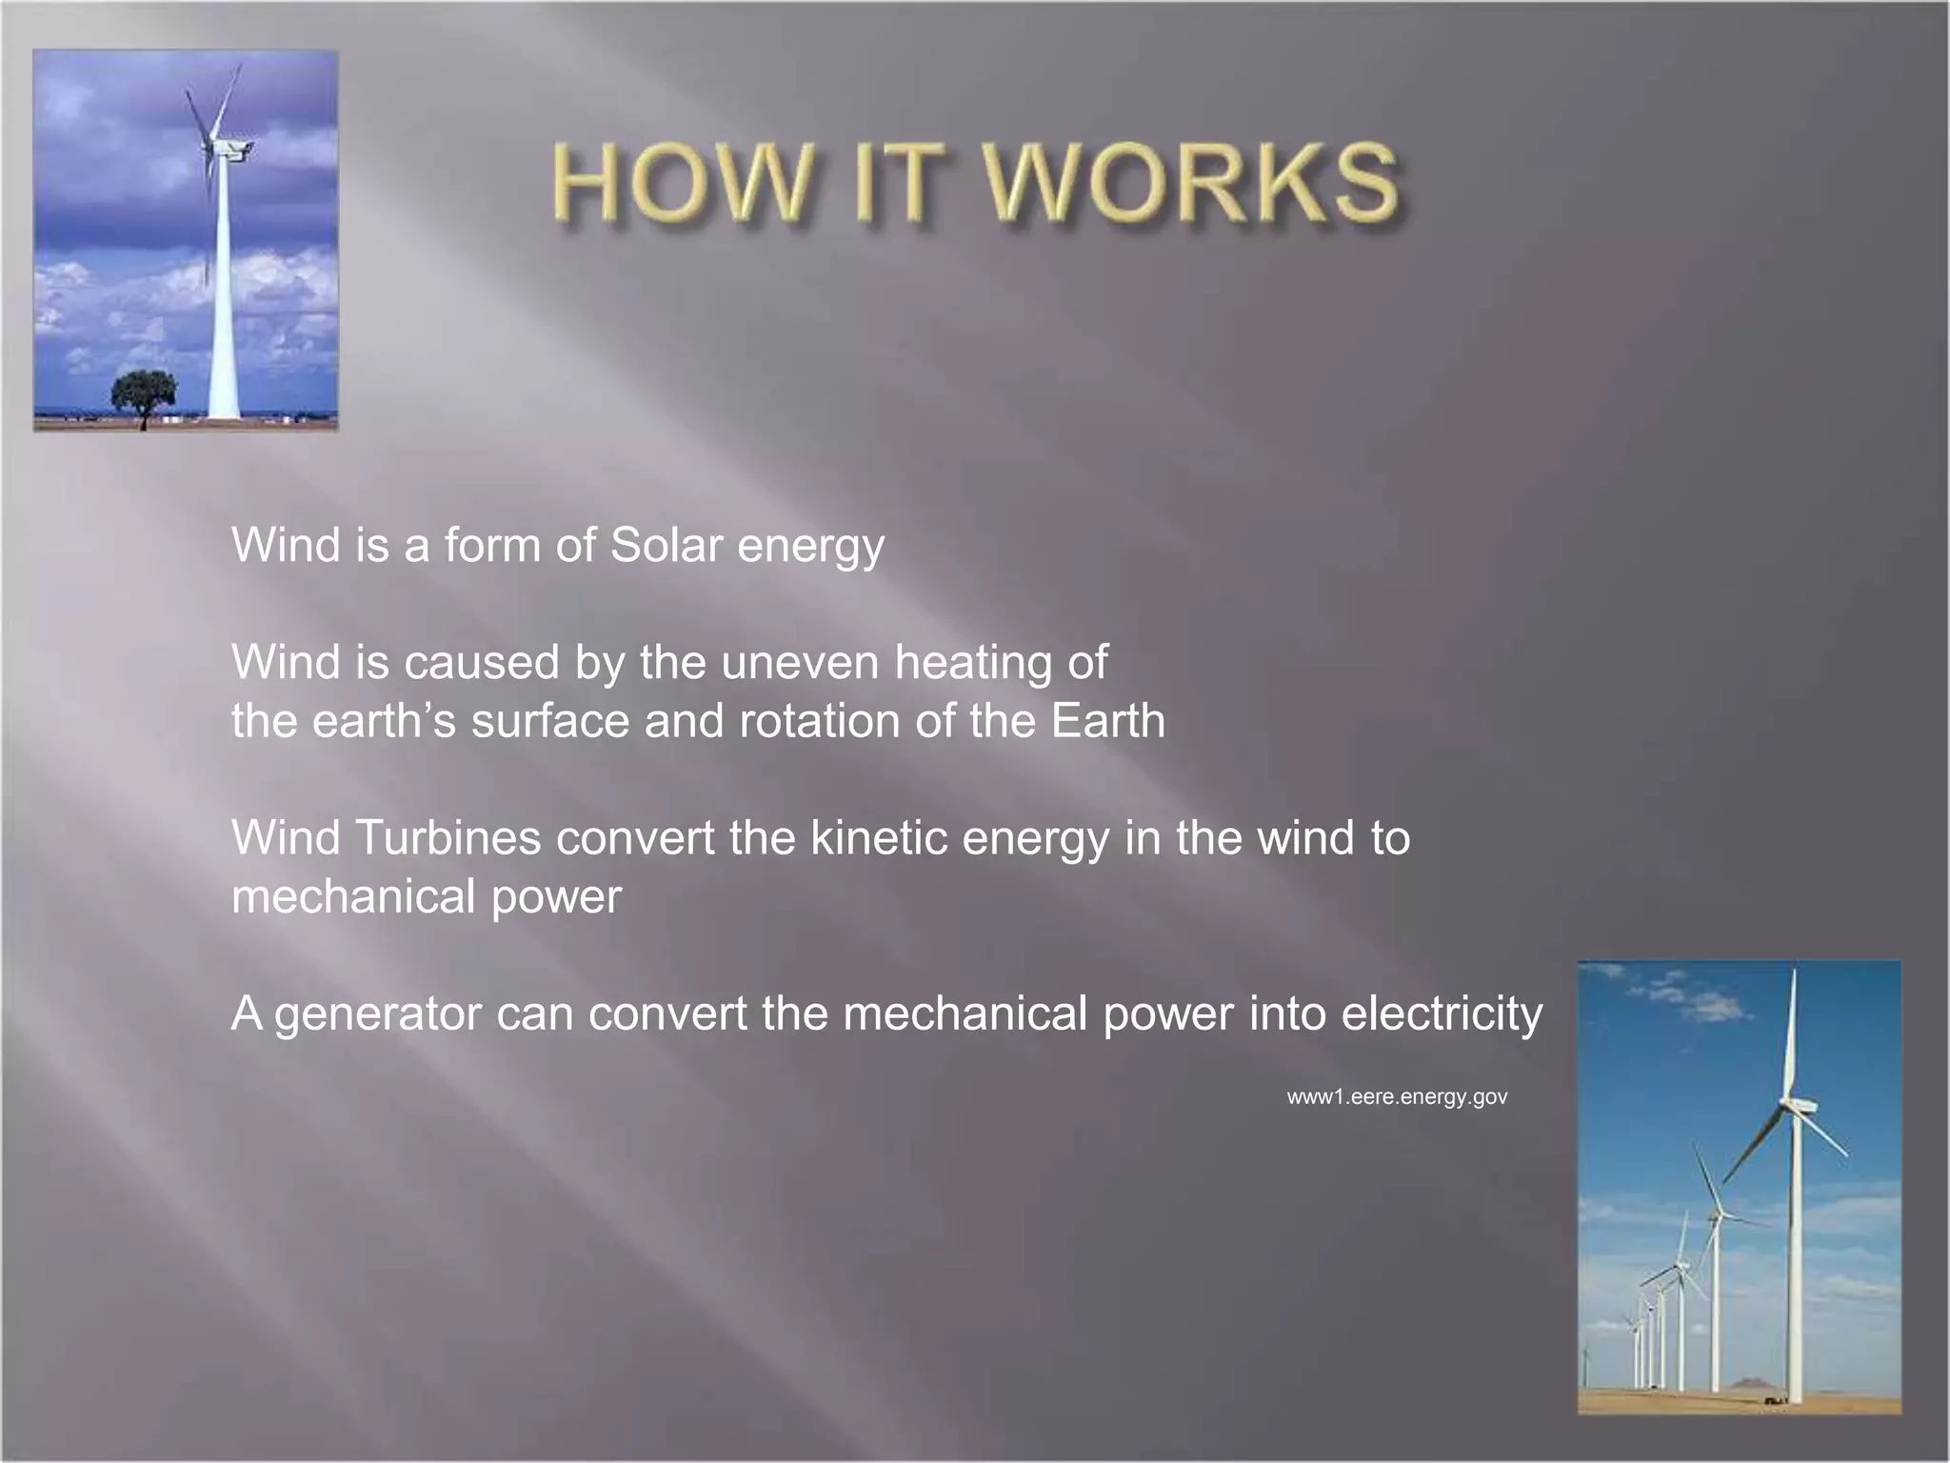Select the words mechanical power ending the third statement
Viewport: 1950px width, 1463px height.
pos(426,897)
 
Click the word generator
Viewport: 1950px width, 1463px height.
pos(377,1014)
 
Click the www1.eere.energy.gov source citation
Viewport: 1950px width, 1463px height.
pos(1397,1096)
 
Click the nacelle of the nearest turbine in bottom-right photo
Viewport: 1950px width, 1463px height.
pos(1799,1107)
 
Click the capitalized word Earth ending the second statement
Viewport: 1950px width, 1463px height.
pos(1108,721)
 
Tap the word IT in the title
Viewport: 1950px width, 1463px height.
pos(891,183)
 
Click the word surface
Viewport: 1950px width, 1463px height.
pos(550,721)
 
